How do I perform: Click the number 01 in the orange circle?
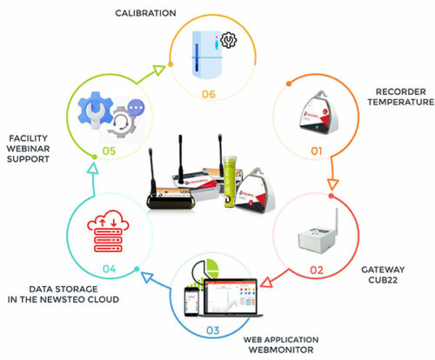317,151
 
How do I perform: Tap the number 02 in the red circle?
317,270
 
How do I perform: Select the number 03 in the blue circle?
213,330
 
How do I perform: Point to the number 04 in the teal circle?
109,269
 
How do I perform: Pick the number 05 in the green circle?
109,150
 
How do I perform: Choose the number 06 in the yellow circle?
209,94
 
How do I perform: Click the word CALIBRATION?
145,13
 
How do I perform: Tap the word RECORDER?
401,91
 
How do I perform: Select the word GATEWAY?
383,270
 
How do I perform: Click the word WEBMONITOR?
281,350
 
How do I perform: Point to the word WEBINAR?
28,149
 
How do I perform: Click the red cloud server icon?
108,230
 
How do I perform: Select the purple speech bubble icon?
136,108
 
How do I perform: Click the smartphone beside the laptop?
191,302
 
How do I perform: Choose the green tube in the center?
230,182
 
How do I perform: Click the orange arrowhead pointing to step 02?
333,184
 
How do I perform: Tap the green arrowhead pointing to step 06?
159,70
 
